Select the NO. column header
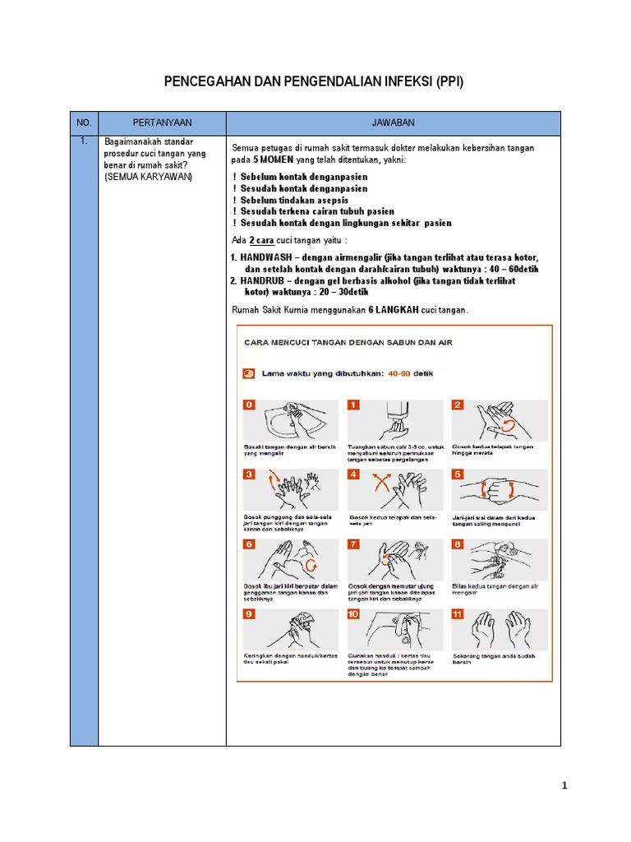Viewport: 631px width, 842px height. pos(84,123)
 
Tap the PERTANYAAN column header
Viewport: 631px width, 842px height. pos(162,123)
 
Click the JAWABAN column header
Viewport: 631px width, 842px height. pos(393,123)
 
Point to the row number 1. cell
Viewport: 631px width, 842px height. pos(84,141)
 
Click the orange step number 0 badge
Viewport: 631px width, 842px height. pos(248,405)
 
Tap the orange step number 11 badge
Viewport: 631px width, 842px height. pos(458,613)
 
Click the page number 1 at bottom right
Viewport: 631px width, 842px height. pos(564,786)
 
